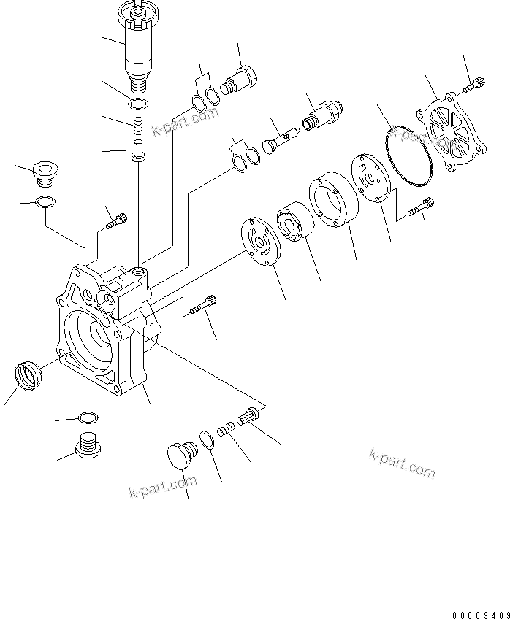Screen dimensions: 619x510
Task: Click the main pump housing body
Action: (x=110, y=328)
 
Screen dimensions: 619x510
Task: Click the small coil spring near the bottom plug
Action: (x=228, y=429)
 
